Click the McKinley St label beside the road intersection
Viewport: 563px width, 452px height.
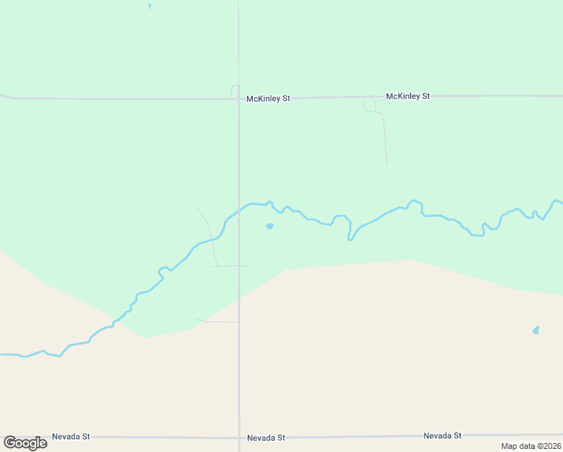[268, 99]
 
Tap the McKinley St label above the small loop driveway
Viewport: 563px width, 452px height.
[407, 96]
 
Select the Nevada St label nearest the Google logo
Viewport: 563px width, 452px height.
[71, 436]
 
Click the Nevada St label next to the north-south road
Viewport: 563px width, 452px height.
[266, 437]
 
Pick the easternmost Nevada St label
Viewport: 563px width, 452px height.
[442, 435]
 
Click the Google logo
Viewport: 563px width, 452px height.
[25, 443]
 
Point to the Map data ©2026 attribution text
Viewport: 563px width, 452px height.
[531, 446]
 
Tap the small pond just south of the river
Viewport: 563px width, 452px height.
[269, 226]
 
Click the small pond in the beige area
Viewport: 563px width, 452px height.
[536, 330]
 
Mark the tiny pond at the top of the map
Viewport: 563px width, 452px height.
[150, 6]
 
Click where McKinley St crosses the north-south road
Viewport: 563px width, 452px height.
[239, 98]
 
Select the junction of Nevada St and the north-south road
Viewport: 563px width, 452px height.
[239, 437]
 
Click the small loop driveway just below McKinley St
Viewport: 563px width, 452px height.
[369, 105]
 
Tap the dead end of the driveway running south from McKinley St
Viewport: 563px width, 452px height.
[387, 163]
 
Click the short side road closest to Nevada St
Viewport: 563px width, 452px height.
[217, 322]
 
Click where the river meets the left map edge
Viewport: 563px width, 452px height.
[2, 354]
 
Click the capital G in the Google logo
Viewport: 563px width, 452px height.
[10, 443]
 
